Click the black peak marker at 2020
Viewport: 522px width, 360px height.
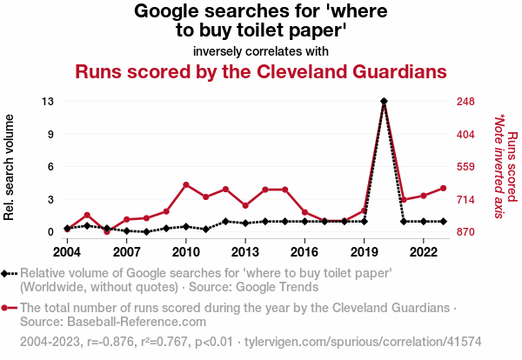click(384, 102)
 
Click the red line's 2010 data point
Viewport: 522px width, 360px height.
click(186, 184)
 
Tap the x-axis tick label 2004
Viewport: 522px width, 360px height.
click(67, 251)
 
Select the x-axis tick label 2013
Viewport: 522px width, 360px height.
click(245, 251)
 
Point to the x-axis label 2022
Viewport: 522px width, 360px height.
click(423, 251)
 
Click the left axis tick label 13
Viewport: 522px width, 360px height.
click(48, 102)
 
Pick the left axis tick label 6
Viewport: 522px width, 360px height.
click(51, 167)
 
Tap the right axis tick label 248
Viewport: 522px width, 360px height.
click(465, 102)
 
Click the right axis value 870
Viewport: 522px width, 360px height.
click(465, 232)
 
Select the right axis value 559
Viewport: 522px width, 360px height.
click(465, 167)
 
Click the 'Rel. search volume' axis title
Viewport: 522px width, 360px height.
click(10, 167)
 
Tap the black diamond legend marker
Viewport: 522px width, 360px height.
click(10, 273)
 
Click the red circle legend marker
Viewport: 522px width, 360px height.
click(10, 308)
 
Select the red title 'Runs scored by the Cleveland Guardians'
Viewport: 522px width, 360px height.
click(261, 71)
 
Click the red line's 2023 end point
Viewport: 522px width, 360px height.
click(443, 188)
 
